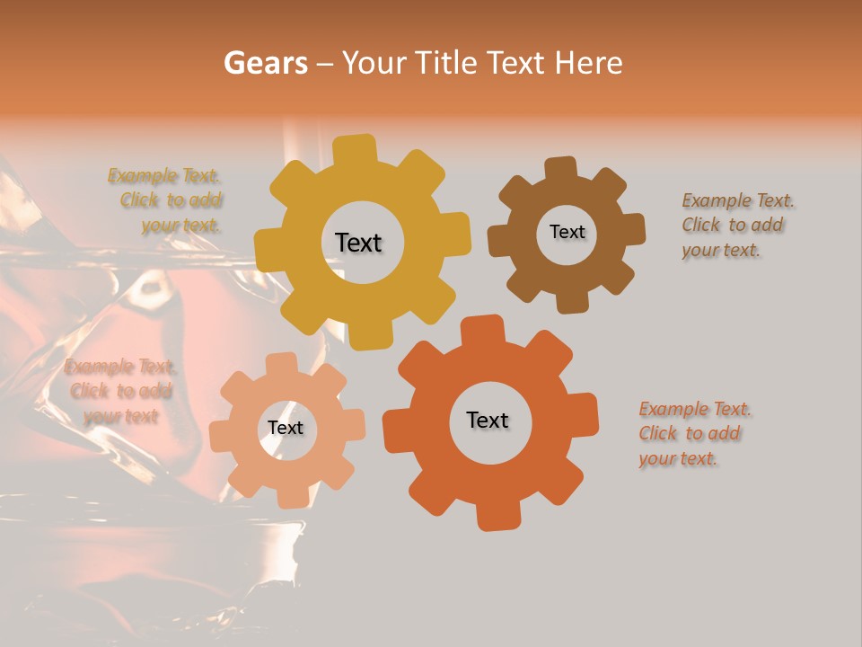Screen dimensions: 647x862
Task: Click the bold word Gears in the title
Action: (265, 63)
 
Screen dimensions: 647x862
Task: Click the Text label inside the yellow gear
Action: (358, 243)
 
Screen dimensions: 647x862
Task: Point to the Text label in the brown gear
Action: (567, 232)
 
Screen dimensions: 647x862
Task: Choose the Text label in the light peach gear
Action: (286, 429)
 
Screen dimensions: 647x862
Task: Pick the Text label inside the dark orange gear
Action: (488, 420)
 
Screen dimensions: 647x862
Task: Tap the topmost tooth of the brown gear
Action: (561, 169)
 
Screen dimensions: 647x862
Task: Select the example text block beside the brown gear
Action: (738, 225)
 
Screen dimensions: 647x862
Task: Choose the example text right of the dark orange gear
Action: (694, 433)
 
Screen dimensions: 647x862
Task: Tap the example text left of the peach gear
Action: (120, 391)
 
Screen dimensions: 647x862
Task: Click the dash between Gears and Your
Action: (325, 63)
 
